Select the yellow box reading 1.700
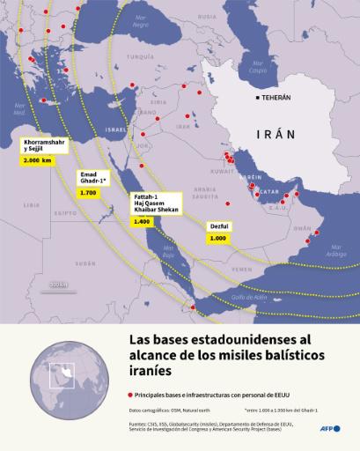click(88, 191)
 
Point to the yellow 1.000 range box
click(218, 238)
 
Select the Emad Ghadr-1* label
click(92, 176)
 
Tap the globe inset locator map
click(63, 377)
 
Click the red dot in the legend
click(131, 396)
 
